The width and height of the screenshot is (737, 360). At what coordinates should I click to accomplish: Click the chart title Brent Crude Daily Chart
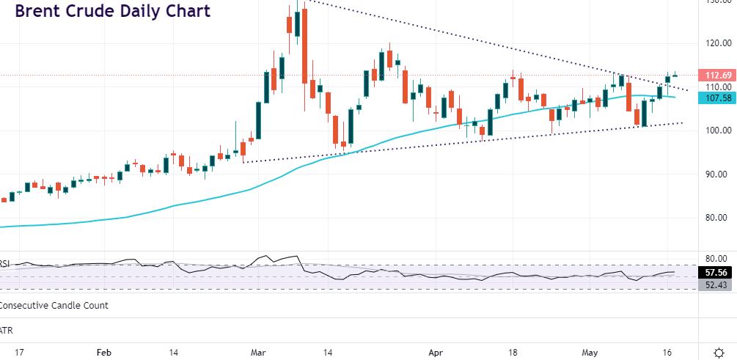112,12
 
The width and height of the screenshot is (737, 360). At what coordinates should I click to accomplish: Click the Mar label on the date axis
259,352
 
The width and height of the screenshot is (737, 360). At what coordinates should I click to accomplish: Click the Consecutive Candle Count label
54,305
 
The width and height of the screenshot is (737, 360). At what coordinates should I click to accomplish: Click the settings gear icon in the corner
719,351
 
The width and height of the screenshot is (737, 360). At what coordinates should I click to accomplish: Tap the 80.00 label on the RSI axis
714,258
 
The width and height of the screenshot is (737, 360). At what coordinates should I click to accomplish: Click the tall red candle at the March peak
304,44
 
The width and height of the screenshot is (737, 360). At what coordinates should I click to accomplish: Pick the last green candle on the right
668,78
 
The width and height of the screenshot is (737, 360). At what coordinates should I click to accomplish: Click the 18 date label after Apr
515,352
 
